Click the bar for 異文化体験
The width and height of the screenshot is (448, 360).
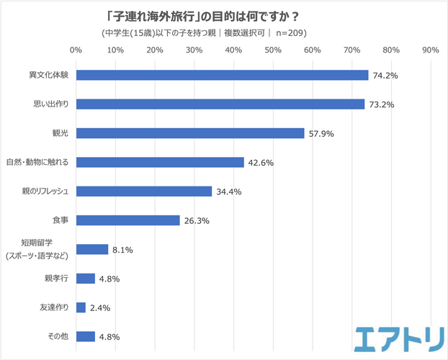click(222, 75)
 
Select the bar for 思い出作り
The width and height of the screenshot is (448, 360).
click(220, 104)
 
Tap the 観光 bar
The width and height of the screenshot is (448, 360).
click(189, 133)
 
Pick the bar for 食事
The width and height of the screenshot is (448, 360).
click(127, 220)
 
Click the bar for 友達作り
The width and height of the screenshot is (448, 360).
click(81, 307)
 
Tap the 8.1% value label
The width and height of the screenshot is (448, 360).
click(122, 250)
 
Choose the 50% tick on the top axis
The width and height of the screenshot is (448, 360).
click(272, 50)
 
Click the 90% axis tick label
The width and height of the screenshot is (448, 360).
click(430, 50)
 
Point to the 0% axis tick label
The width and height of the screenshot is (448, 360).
click(75, 50)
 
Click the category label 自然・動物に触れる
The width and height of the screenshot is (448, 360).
click(37, 162)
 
